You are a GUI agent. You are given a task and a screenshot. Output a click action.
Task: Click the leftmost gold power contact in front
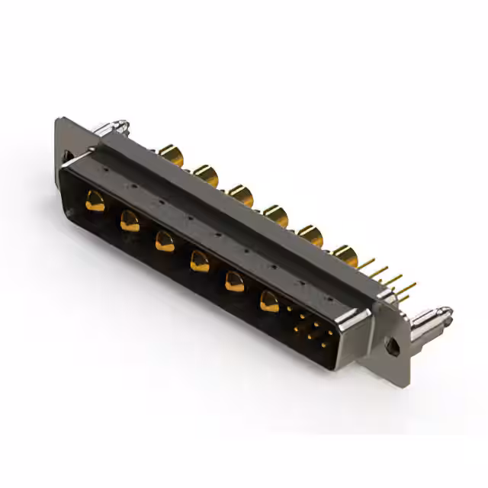coord(95,202)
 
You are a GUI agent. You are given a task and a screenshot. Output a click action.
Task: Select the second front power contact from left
coord(130,222)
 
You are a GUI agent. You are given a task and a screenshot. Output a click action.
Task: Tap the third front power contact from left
coord(164,242)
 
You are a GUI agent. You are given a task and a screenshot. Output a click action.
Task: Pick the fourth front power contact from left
coord(199,262)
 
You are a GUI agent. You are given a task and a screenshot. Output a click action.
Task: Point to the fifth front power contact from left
coord(233,281)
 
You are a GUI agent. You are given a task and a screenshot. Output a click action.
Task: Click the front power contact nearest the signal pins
coord(269,301)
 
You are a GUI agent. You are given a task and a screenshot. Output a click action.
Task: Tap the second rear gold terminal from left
coord(205,176)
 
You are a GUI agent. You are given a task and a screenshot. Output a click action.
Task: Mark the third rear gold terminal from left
coord(241,195)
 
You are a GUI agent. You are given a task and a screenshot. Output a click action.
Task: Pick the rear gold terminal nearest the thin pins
coord(345,255)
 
